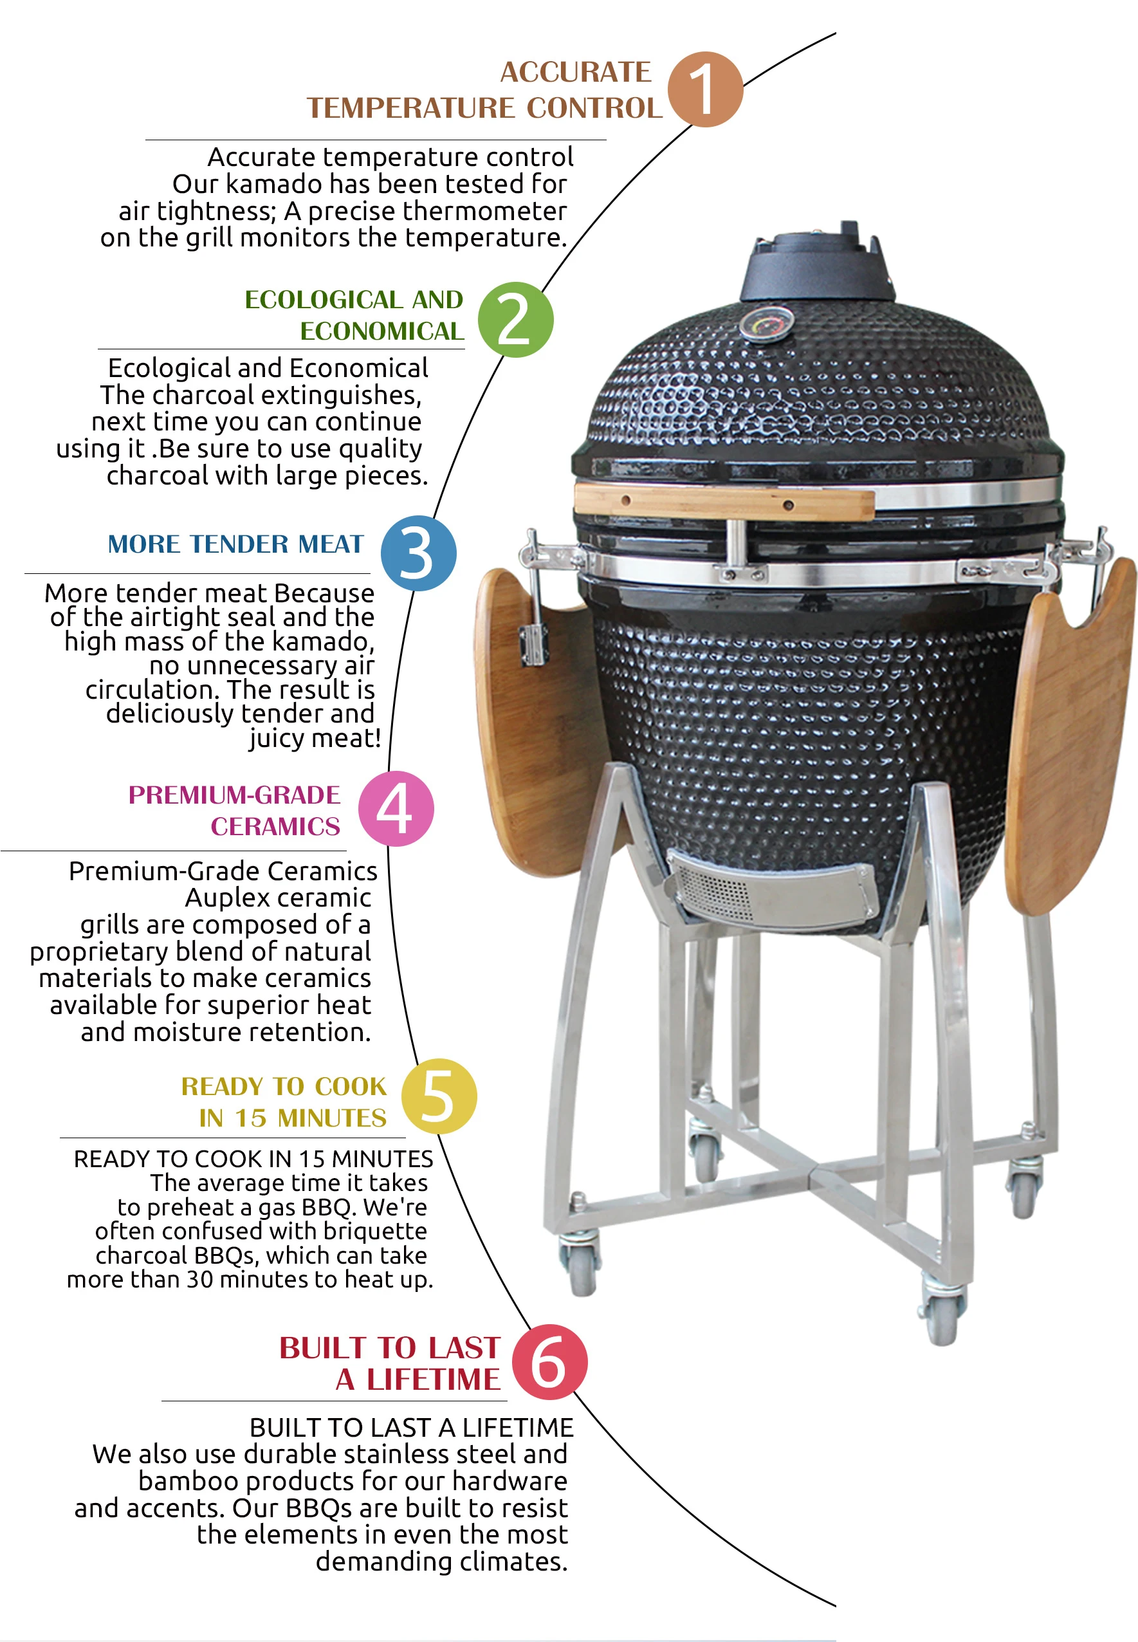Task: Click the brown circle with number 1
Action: pyautogui.click(x=705, y=89)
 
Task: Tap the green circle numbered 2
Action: pyautogui.click(x=515, y=319)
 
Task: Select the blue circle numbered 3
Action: pyautogui.click(x=419, y=553)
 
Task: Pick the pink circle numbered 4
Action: pyautogui.click(x=396, y=809)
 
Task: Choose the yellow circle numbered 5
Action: pyautogui.click(x=439, y=1096)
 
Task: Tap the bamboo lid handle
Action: pyautogui.click(x=724, y=501)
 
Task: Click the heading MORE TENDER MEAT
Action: pyautogui.click(x=236, y=544)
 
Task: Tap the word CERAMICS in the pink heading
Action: pyautogui.click(x=275, y=826)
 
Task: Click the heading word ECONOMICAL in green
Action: pyautogui.click(x=381, y=331)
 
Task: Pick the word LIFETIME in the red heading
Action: pyautogui.click(x=434, y=1379)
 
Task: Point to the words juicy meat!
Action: pyautogui.click(x=315, y=738)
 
